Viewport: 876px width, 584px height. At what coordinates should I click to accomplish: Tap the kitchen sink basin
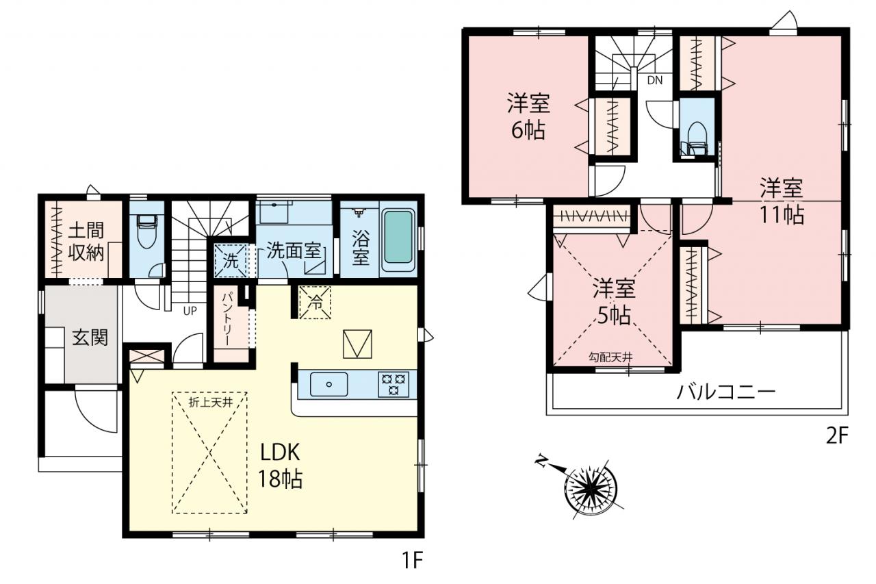click(329, 385)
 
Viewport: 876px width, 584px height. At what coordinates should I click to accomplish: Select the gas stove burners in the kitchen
click(394, 385)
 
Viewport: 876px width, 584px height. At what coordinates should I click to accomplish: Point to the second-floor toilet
click(696, 138)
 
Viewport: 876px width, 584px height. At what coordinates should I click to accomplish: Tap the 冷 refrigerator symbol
click(315, 303)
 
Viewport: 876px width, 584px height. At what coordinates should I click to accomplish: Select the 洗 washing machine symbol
click(231, 261)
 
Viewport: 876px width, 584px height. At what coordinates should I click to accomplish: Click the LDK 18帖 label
click(280, 466)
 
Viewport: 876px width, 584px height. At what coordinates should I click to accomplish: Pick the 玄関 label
click(90, 338)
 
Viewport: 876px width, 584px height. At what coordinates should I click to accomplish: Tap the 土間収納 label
click(86, 242)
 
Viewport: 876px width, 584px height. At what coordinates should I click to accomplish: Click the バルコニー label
click(726, 392)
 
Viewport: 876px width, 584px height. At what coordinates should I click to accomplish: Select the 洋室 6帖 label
click(529, 116)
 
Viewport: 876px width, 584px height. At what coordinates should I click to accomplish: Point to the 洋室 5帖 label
click(614, 301)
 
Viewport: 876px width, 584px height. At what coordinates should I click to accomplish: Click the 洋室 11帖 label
click(782, 201)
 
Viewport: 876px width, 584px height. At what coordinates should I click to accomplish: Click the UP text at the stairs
click(190, 311)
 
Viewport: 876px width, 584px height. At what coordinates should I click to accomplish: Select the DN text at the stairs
click(655, 80)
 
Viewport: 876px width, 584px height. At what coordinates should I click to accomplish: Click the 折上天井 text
click(211, 403)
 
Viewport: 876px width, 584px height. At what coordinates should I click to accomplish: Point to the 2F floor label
click(837, 435)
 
